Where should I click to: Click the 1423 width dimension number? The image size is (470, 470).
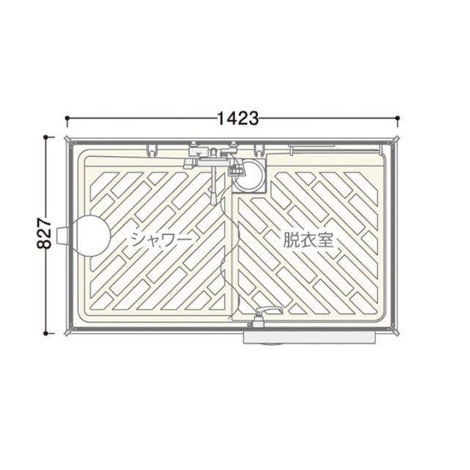pos(238,118)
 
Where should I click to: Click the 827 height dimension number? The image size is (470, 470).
pos(44,233)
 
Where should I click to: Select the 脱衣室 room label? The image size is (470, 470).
pos(308,240)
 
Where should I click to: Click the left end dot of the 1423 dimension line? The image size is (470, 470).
pos(67,118)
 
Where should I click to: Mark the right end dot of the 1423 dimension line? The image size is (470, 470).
pos(397,118)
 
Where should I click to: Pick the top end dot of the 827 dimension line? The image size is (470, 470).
pos(45,137)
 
